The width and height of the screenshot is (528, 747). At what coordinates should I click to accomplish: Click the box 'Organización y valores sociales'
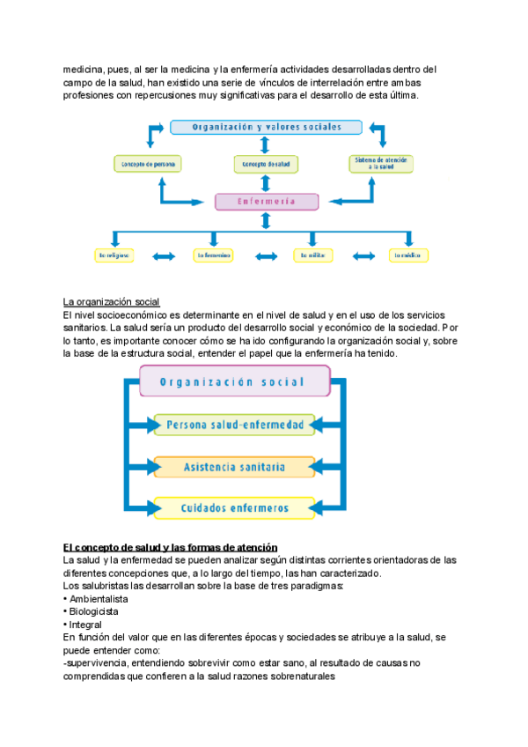pyautogui.click(x=267, y=127)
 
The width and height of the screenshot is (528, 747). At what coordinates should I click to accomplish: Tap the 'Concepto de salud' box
pyautogui.click(x=267, y=164)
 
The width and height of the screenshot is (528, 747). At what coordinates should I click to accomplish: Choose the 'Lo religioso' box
pyautogui.click(x=114, y=255)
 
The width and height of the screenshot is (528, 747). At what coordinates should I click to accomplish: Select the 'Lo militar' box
pyautogui.click(x=313, y=255)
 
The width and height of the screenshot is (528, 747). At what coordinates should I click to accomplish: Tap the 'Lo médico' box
pyautogui.click(x=409, y=255)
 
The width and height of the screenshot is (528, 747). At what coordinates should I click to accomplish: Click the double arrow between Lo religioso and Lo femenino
pyautogui.click(x=165, y=256)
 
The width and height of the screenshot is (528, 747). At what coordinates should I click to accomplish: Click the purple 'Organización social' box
pyautogui.click(x=233, y=382)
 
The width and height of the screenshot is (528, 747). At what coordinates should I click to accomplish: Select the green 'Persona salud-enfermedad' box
pyautogui.click(x=234, y=425)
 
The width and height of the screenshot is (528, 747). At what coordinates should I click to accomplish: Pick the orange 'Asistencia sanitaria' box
pyautogui.click(x=233, y=466)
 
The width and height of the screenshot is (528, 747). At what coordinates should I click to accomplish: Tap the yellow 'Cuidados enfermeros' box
pyautogui.click(x=233, y=507)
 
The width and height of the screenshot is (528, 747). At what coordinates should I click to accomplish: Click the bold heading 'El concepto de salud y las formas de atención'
pyautogui.click(x=171, y=547)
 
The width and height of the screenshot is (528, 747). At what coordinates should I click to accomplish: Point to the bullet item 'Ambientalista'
pyautogui.click(x=98, y=598)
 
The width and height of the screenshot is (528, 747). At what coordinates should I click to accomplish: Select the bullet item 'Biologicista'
pyautogui.click(x=92, y=610)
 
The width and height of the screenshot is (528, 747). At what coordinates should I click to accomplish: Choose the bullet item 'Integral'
pyautogui.click(x=85, y=624)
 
